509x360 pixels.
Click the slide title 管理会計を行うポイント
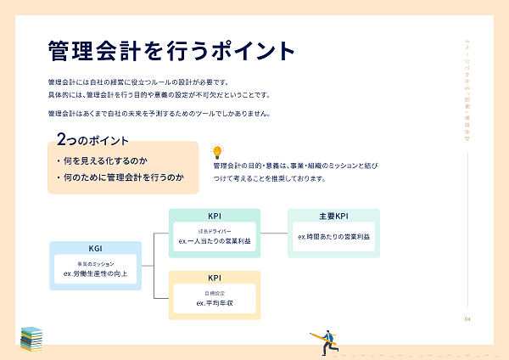coord(172,49)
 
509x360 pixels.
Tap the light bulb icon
coord(216,152)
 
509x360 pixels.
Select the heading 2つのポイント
coord(92,138)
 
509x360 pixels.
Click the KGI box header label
coord(95,249)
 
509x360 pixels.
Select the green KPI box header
coord(214,216)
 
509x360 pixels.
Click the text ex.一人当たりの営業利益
coord(215,241)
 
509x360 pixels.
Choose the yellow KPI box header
coord(214,278)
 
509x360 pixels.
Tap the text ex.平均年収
coord(214,303)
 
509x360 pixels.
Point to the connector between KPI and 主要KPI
coord(274,233)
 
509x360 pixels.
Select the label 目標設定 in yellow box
coord(214,293)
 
